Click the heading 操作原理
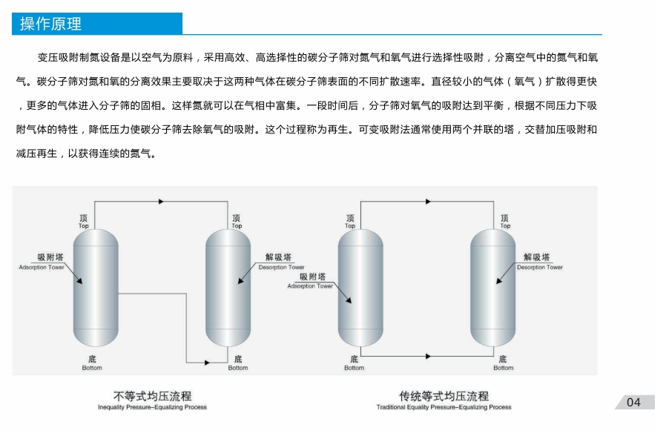click(51, 24)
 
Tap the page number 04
click(633, 403)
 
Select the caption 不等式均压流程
click(152, 396)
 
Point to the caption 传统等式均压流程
click(444, 396)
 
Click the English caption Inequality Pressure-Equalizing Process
click(152, 407)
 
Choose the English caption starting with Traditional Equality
click(444, 407)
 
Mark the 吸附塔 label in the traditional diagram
click(312, 276)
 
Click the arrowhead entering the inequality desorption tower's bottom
click(206, 362)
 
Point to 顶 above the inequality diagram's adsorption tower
click(93, 218)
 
